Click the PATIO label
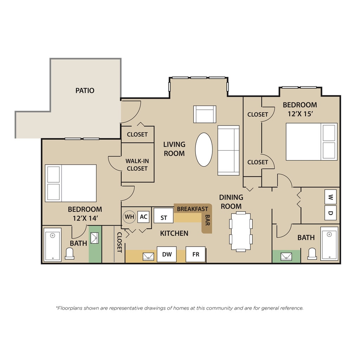85,90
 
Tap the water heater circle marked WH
129,217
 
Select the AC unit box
143,217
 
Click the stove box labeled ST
163,215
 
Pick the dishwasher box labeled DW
167,254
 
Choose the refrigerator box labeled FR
195,254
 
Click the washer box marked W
330,197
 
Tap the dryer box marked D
330,213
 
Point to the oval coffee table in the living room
204,150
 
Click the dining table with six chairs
241,232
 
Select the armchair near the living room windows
205,114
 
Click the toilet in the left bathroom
70,254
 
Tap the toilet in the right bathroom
312,254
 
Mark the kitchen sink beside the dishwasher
148,256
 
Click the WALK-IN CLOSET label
137,165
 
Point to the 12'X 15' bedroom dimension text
301,114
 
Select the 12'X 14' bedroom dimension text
85,218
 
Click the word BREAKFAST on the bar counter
192,209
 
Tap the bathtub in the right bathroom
329,244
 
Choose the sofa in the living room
229,150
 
